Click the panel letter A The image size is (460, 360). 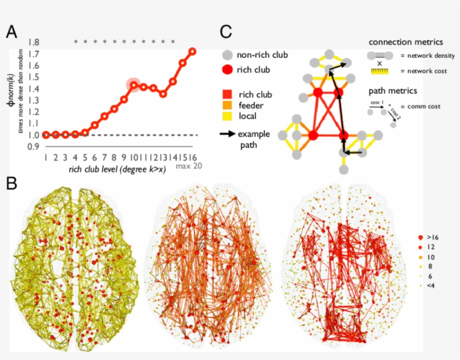tap(12, 32)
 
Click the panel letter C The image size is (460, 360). tap(226, 32)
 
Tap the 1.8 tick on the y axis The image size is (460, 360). tap(33, 43)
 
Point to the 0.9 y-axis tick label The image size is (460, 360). tap(33, 147)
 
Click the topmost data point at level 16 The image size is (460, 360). tap(192, 52)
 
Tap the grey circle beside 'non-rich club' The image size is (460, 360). tap(226, 55)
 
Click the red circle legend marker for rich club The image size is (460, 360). tap(226, 70)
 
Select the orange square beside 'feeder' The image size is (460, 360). tap(226, 105)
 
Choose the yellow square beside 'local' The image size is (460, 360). tap(226, 116)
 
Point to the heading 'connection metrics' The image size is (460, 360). tap(406, 43)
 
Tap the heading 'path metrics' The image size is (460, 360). tap(392, 91)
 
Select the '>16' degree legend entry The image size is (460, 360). tap(431, 238)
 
